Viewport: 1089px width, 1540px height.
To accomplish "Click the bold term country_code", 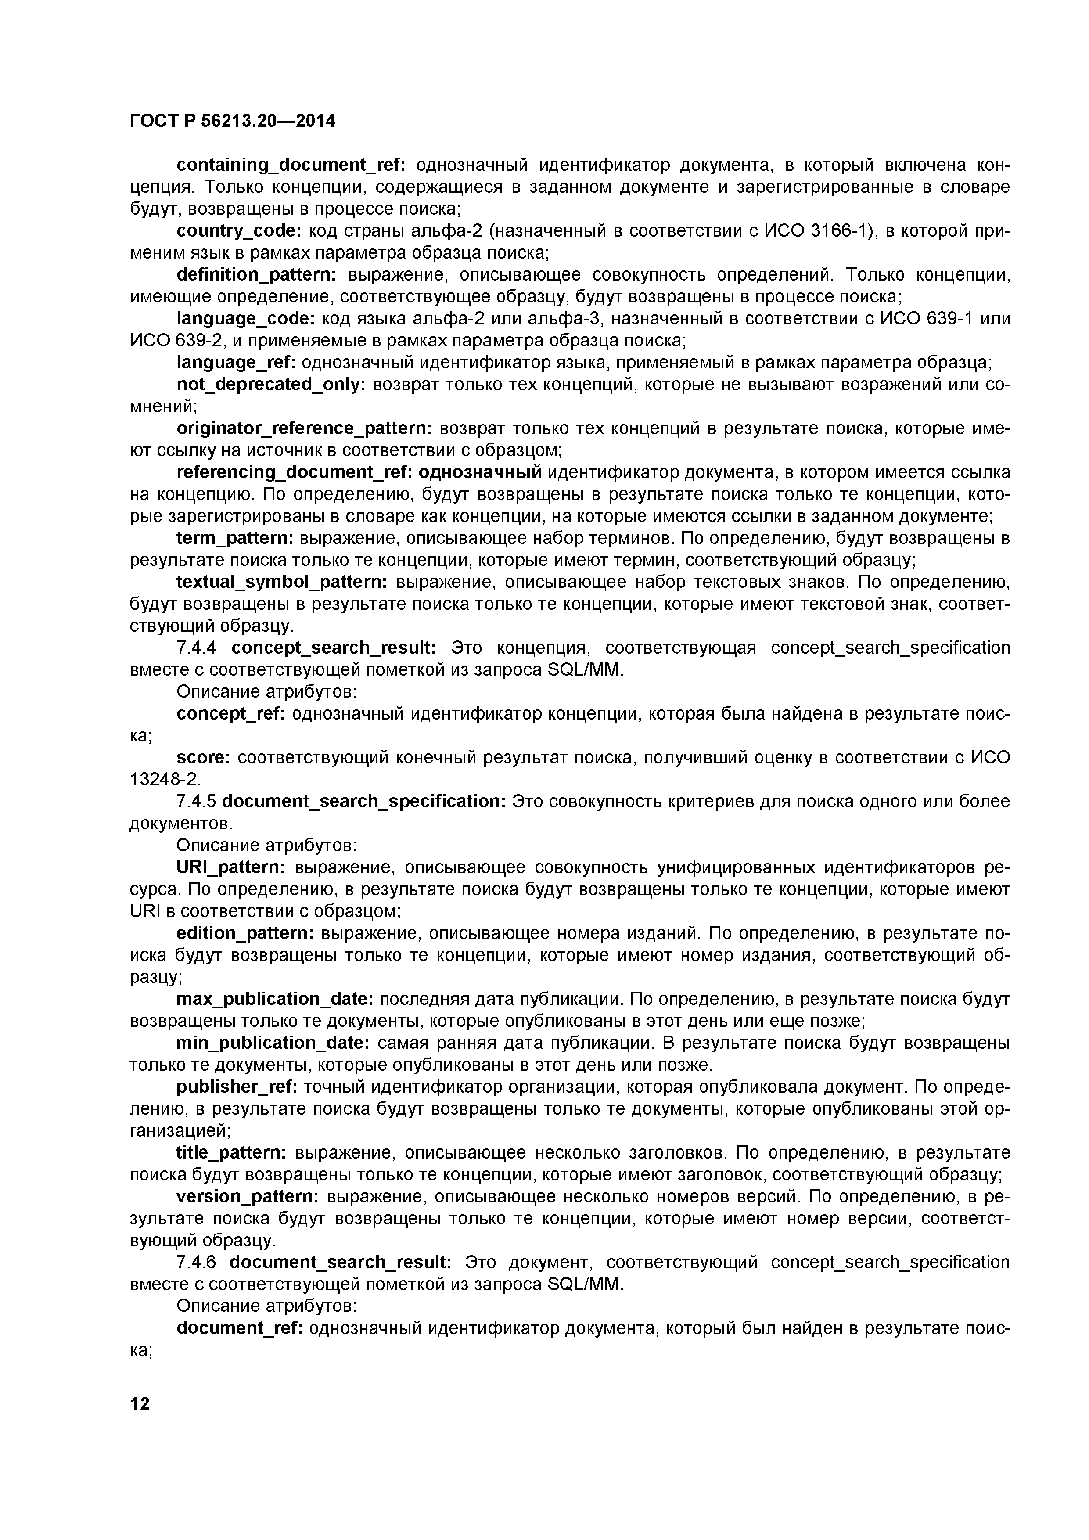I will click(239, 231).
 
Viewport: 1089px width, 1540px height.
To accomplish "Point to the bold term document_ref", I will click(239, 1328).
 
